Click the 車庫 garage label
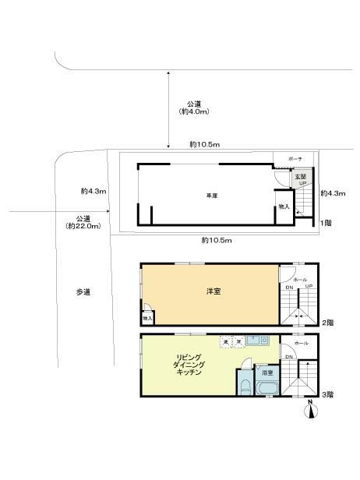tap(210, 195)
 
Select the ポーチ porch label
tap(295, 159)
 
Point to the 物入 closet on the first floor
tap(284, 207)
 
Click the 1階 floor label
tap(327, 224)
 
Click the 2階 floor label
tap(327, 322)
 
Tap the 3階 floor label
tap(327, 394)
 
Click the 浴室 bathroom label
tap(266, 373)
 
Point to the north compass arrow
tap(312, 410)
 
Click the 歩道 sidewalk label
tap(83, 292)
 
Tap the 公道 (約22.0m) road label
tap(83, 221)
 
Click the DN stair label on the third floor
tap(288, 357)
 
